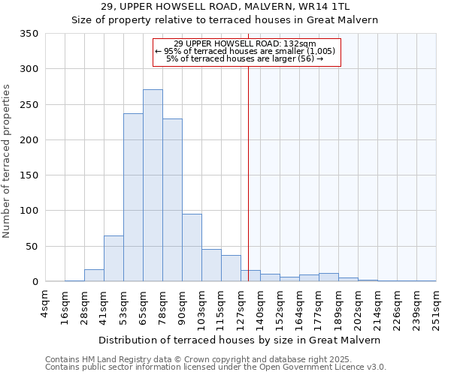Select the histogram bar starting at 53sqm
point(133,198)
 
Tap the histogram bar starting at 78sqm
point(172,200)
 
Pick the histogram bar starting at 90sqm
point(192,248)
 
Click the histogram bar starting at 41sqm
point(114,259)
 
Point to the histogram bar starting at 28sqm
point(94,275)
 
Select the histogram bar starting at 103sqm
point(211,265)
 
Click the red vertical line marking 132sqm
point(248,172)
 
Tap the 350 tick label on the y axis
point(29,34)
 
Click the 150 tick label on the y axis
point(29,175)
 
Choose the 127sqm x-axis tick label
point(241,307)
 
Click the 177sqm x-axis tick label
point(319,307)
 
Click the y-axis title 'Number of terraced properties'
point(8,160)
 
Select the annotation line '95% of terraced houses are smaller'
point(247,51)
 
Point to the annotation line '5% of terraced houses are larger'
point(247,58)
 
